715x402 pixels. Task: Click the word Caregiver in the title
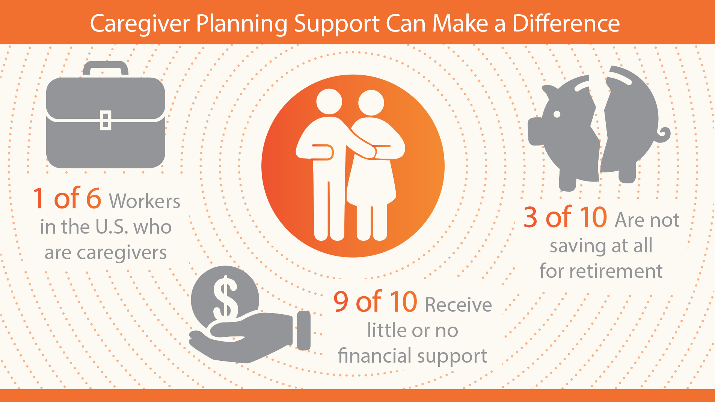click(x=140, y=24)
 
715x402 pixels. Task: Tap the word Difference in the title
click(x=566, y=23)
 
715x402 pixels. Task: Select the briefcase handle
click(x=106, y=68)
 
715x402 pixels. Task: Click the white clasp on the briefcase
click(x=106, y=120)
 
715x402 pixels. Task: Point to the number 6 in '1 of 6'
click(x=94, y=198)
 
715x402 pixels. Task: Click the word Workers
click(x=145, y=201)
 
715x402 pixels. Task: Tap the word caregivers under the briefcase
click(x=106, y=253)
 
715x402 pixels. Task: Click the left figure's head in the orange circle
click(x=329, y=102)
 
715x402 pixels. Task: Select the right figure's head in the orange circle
click(x=371, y=103)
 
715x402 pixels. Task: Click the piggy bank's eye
click(x=557, y=114)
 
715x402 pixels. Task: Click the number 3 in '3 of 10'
click(x=530, y=217)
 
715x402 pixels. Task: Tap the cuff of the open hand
click(x=304, y=330)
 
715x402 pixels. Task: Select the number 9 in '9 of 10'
click(x=341, y=301)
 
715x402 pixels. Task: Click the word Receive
click(x=459, y=304)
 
